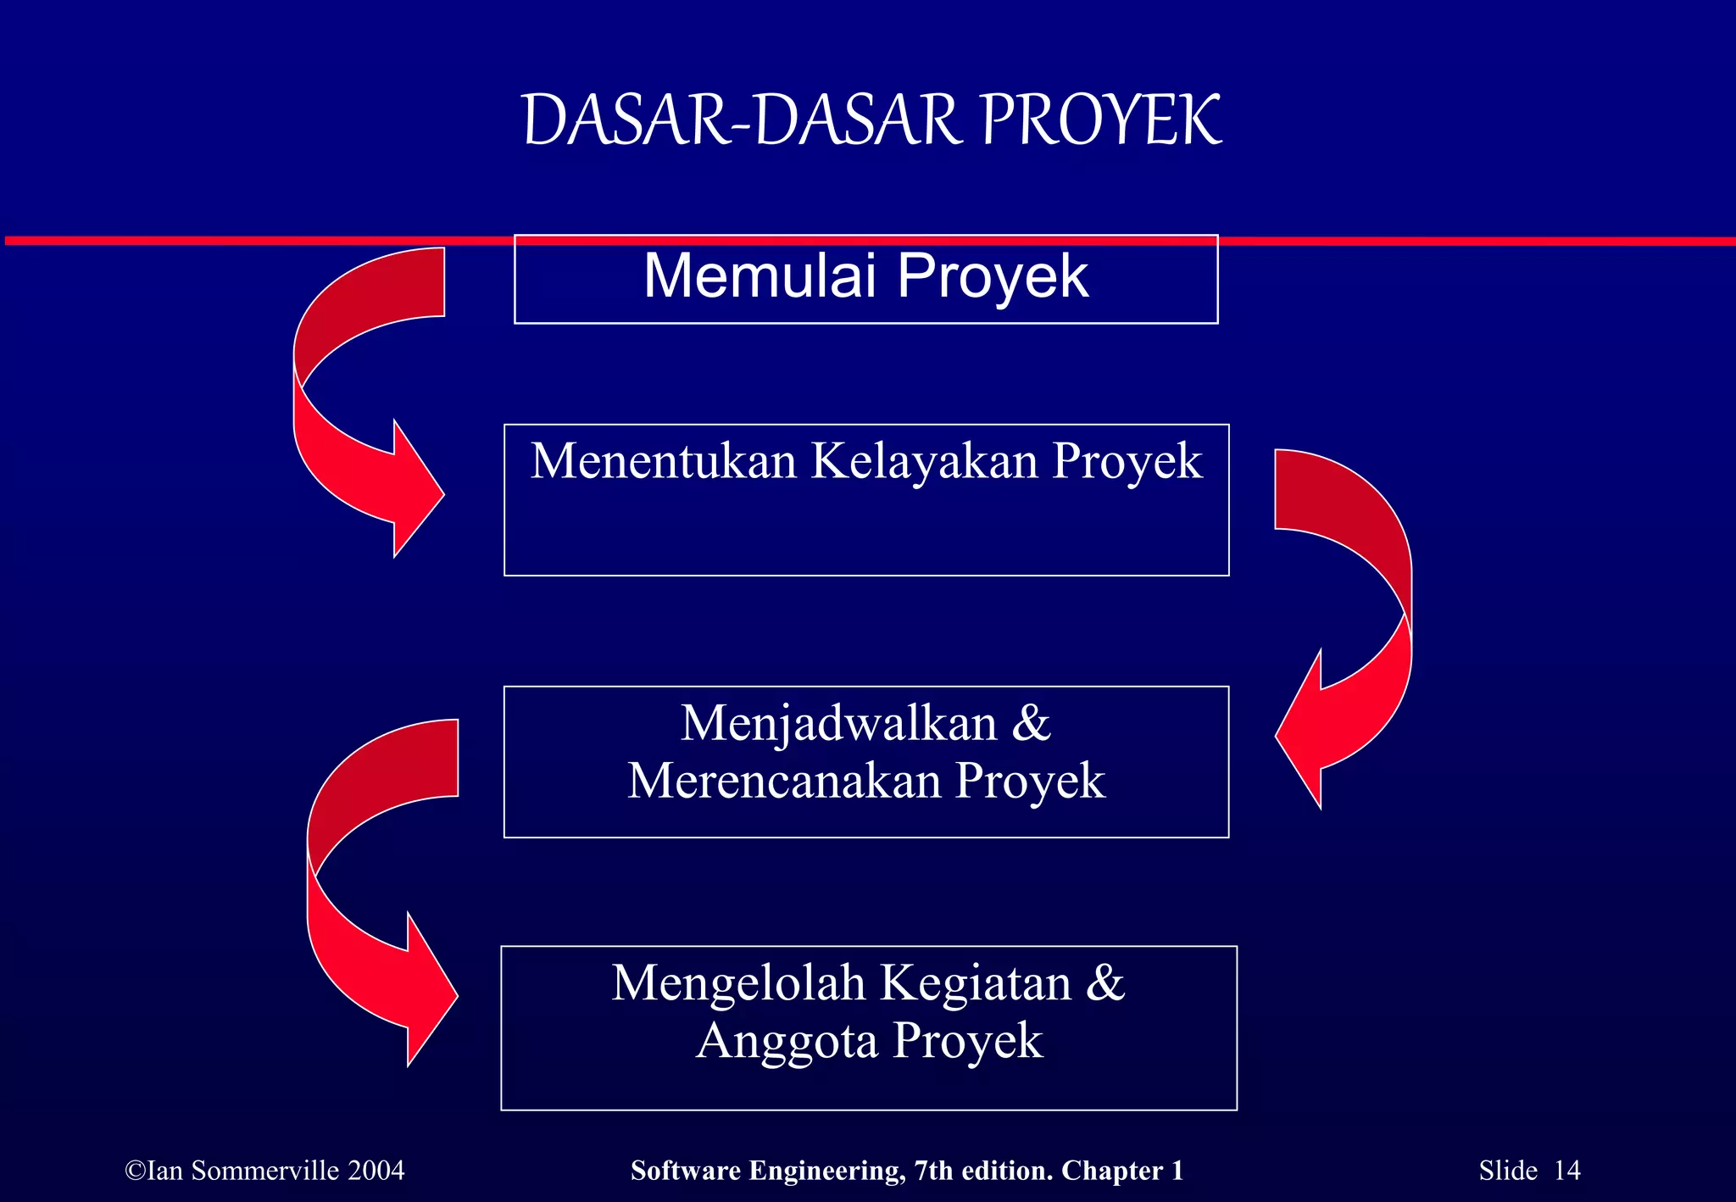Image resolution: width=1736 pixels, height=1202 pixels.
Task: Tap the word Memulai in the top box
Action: pos(759,276)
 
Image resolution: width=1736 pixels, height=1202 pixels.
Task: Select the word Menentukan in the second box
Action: pos(664,462)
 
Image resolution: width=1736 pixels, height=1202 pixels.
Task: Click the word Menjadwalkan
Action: pos(838,724)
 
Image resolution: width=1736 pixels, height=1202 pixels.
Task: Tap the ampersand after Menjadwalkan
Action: pos(1032,724)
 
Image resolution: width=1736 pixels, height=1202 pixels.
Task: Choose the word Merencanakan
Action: pos(784,781)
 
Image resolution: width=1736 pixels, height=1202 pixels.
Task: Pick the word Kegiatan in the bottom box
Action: pos(976,983)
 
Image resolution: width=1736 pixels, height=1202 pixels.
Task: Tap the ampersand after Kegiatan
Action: pos(1105,983)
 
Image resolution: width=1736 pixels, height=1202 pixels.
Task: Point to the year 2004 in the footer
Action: pos(376,1171)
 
